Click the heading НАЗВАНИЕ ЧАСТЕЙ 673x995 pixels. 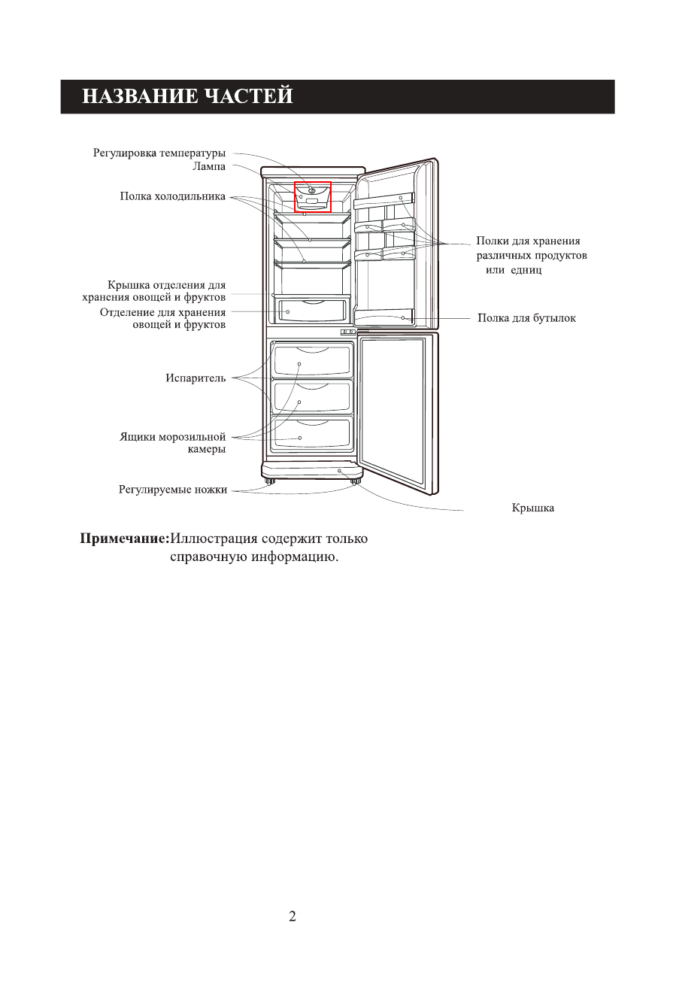(187, 97)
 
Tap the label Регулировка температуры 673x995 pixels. (159, 153)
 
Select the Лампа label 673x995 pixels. (209, 165)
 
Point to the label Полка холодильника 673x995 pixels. (173, 197)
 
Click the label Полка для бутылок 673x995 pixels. (526, 318)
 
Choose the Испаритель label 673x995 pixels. (196, 378)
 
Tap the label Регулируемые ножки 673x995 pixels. (173, 490)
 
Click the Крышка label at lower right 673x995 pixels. (532, 508)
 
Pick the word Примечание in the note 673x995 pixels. (125, 539)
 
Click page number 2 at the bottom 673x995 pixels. (293, 916)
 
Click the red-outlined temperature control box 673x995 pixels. (313, 197)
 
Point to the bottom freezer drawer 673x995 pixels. (313, 435)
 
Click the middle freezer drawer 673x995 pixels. (313, 397)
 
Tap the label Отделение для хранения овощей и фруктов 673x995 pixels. (162, 318)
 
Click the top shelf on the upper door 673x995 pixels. (384, 201)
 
